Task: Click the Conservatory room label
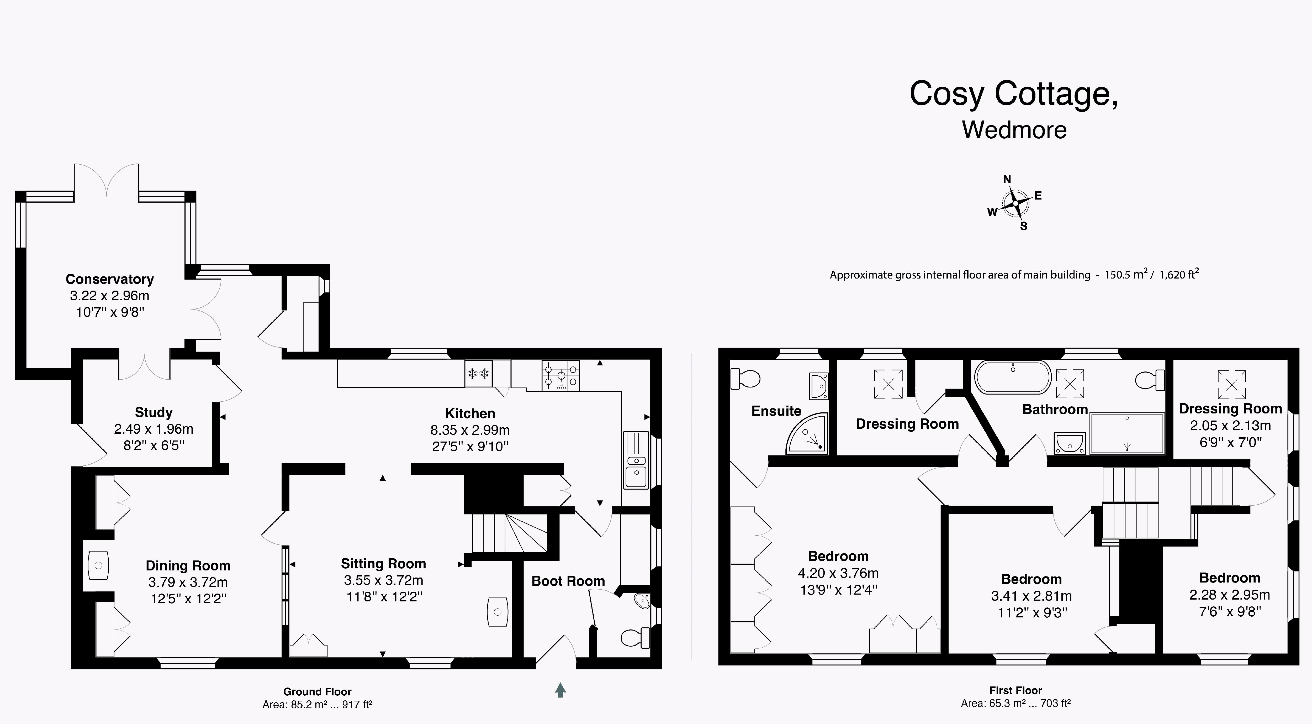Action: [x=109, y=279]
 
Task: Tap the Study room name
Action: [x=153, y=412]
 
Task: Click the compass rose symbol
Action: [x=1015, y=203]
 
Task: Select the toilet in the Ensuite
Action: [x=745, y=379]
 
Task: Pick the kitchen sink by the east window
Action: [x=636, y=460]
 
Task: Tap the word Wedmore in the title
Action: [x=1014, y=130]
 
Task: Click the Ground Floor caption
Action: [x=317, y=691]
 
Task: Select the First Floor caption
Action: [x=1015, y=690]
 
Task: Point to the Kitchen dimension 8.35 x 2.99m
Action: [x=470, y=430]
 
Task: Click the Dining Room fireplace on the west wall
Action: [x=98, y=565]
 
